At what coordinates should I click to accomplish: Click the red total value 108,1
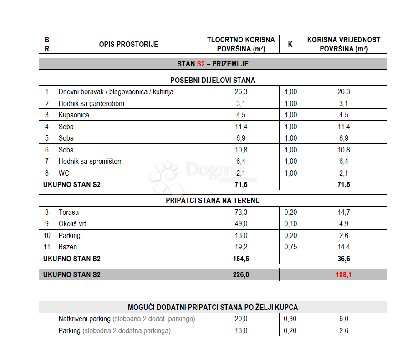(x=344, y=274)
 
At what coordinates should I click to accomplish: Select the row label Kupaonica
(x=74, y=115)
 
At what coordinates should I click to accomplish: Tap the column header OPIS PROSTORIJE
(x=129, y=45)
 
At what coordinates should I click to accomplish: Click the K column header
(x=290, y=45)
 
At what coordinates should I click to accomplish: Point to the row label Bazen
(x=68, y=247)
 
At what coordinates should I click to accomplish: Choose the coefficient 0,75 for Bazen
(x=290, y=247)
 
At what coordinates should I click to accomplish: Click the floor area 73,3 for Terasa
(x=241, y=212)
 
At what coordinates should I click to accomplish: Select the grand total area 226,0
(x=241, y=274)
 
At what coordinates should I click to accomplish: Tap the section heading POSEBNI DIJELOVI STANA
(x=213, y=80)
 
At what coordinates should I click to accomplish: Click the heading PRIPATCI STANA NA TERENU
(x=213, y=200)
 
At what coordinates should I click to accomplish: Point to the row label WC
(x=64, y=173)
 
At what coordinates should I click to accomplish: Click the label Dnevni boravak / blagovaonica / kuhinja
(x=116, y=92)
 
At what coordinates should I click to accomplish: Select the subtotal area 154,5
(x=241, y=259)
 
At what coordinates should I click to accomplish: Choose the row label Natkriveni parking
(x=85, y=319)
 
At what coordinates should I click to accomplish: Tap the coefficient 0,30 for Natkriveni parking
(x=290, y=319)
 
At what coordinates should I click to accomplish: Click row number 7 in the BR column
(x=46, y=162)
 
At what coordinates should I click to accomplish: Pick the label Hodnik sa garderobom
(x=91, y=104)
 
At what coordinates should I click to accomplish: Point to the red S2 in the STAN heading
(x=201, y=64)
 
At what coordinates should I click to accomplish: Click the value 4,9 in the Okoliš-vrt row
(x=344, y=224)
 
